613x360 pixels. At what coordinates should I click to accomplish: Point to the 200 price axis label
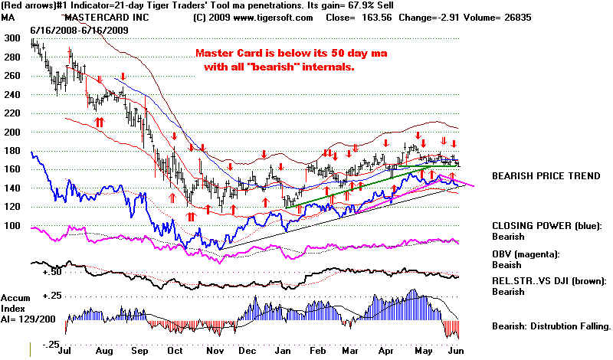pyautogui.click(x=13, y=132)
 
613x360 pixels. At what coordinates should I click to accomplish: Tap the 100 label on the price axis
pyautogui.click(x=13, y=226)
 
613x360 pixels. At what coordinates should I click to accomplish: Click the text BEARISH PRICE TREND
pyautogui.click(x=546, y=175)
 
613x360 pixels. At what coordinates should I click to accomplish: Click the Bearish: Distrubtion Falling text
pyautogui.click(x=551, y=326)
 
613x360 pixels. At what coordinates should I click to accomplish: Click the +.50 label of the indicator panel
pyautogui.click(x=51, y=273)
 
